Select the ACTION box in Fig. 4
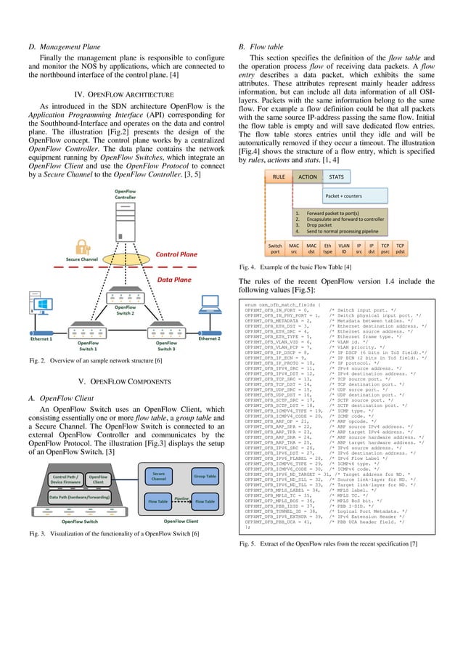point(308,176)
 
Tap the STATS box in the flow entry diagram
point(337,176)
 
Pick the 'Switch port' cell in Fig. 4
point(276,249)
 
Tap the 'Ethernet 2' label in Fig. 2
point(210,339)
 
